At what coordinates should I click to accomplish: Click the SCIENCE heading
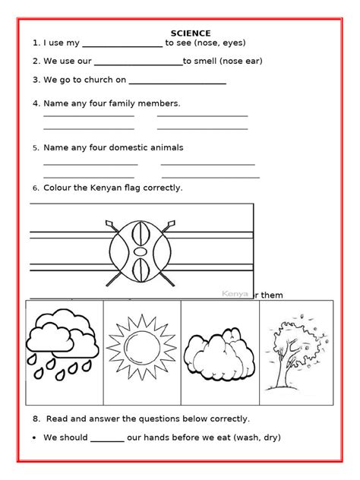pyautogui.click(x=191, y=33)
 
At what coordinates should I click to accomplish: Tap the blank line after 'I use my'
pyautogui.click(x=122, y=46)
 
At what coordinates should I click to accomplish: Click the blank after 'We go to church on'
pyautogui.click(x=178, y=82)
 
